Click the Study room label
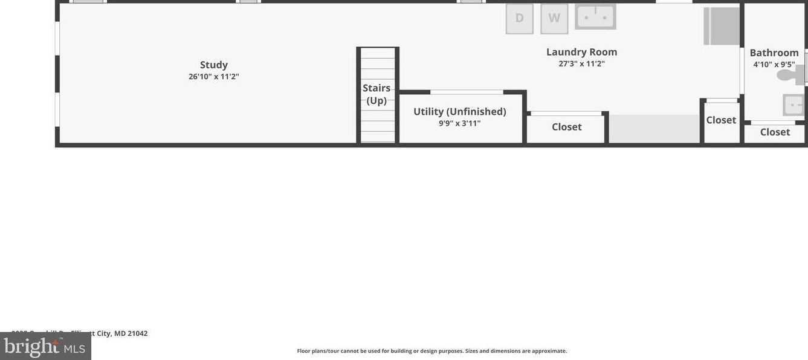pyautogui.click(x=214, y=65)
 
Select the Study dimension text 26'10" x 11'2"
pyautogui.click(x=214, y=77)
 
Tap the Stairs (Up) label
pyautogui.click(x=377, y=94)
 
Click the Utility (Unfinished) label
pyautogui.click(x=459, y=112)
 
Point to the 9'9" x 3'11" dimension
pyautogui.click(x=459, y=123)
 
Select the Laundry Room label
pyautogui.click(x=581, y=52)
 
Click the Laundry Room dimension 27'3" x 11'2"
pyautogui.click(x=581, y=63)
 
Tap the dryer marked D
pyautogui.click(x=519, y=18)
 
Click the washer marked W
pyautogui.click(x=554, y=18)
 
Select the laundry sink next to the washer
pyautogui.click(x=595, y=17)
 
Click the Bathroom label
pyautogui.click(x=774, y=53)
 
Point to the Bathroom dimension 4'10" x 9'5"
pyautogui.click(x=774, y=64)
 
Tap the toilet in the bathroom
pyautogui.click(x=789, y=75)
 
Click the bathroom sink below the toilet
pyautogui.click(x=793, y=104)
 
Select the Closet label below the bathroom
pyautogui.click(x=775, y=132)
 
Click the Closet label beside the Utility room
pyautogui.click(x=566, y=127)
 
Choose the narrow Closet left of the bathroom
pyautogui.click(x=721, y=120)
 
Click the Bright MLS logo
pyautogui.click(x=45, y=347)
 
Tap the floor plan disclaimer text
pyautogui.click(x=431, y=351)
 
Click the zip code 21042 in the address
pyautogui.click(x=138, y=333)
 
